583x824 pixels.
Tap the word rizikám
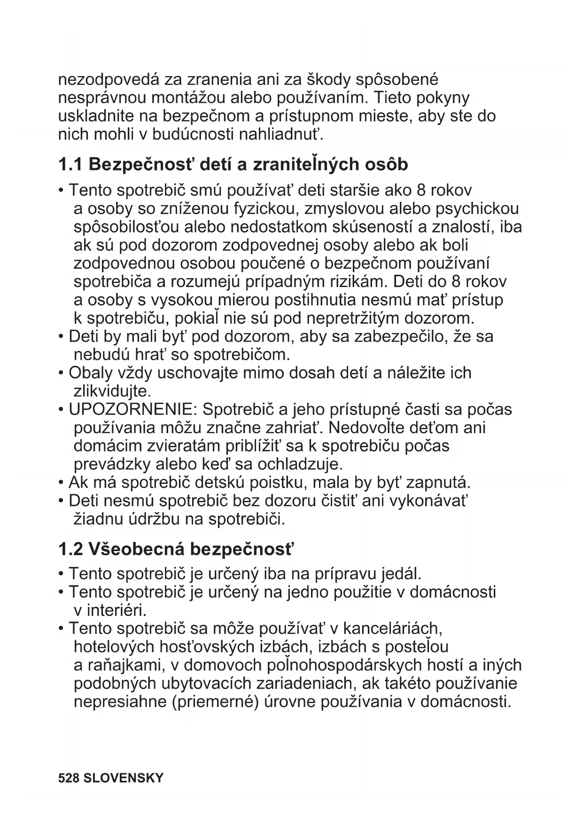pos(355,282)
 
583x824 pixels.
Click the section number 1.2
pos(70,549)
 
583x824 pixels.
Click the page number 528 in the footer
pos(68,778)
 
